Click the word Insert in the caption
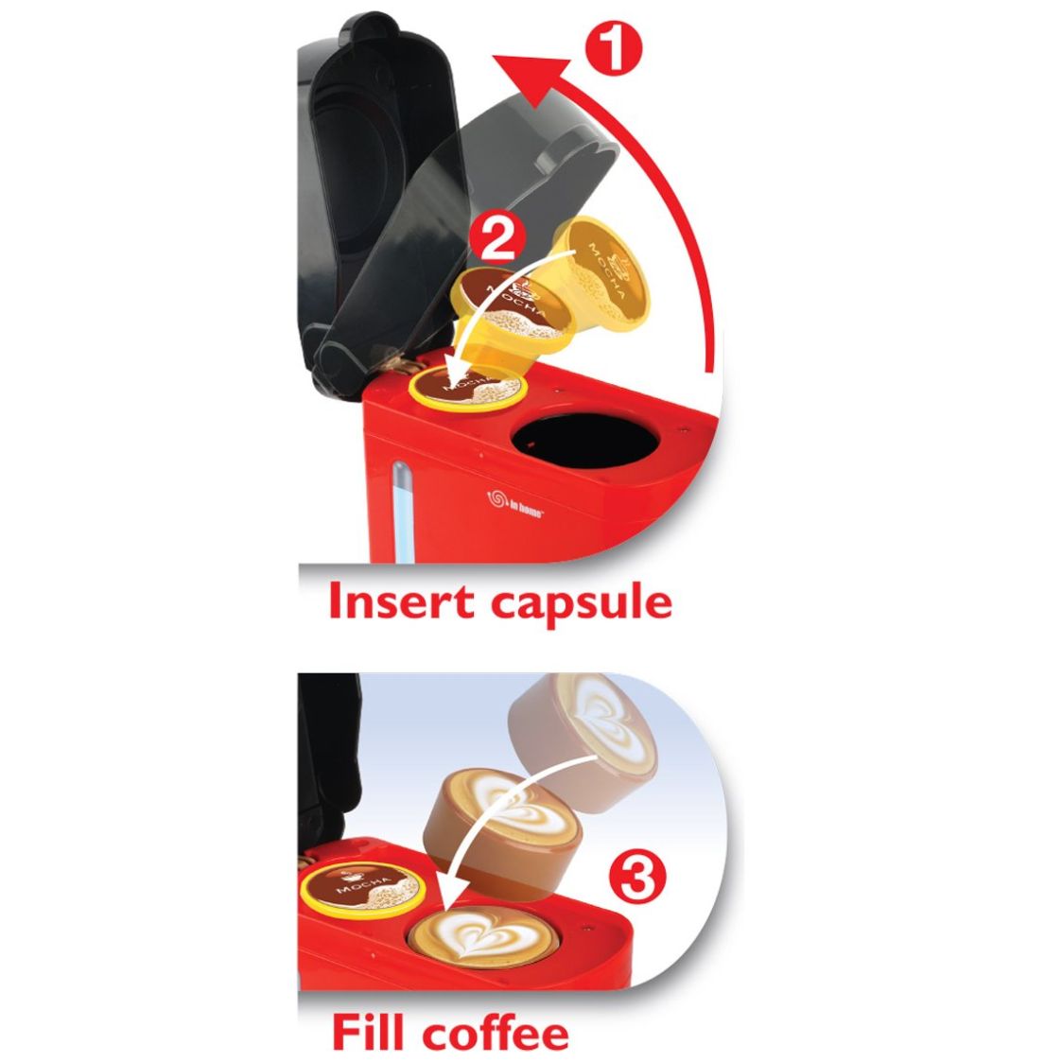click(402, 601)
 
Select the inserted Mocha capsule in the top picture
click(466, 389)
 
